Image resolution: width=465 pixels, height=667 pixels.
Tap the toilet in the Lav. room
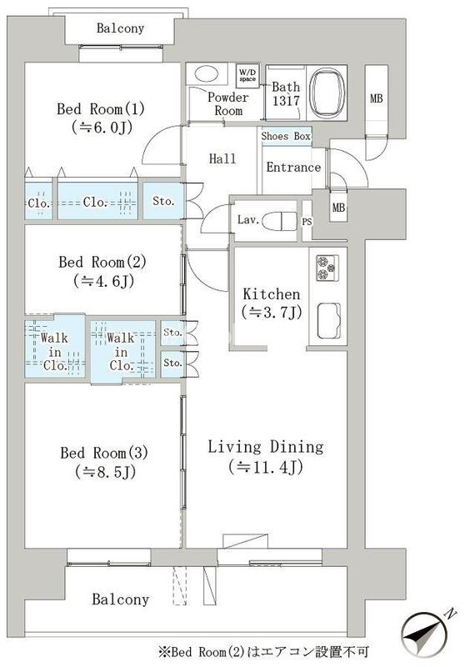(279, 221)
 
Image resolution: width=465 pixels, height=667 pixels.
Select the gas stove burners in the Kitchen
(327, 268)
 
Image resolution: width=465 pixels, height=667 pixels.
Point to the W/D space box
(247, 76)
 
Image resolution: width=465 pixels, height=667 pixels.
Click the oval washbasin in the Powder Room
(206, 73)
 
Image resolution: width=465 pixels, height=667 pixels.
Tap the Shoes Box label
(286, 136)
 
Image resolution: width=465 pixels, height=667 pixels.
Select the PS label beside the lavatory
(307, 222)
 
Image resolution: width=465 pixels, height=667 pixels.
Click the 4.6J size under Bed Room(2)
(103, 281)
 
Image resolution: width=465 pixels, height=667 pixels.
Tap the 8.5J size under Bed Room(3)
(105, 472)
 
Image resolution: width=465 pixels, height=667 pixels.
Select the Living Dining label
(266, 447)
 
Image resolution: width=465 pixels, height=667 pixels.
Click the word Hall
(222, 158)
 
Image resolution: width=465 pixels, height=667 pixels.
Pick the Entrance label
(293, 168)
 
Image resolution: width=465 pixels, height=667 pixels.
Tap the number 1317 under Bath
(286, 101)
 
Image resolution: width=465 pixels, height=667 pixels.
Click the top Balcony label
(120, 28)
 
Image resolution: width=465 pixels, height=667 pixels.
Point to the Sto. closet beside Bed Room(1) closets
(163, 201)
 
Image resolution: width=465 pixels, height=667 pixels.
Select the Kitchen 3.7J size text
(272, 313)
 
